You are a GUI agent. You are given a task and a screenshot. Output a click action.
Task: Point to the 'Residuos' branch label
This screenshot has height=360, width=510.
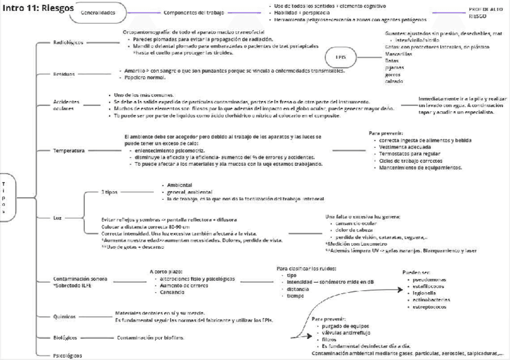tap(64, 75)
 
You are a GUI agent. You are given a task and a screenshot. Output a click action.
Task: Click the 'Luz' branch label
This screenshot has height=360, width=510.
tap(58, 218)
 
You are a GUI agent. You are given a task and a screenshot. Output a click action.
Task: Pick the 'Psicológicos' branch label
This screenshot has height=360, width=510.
tap(68, 355)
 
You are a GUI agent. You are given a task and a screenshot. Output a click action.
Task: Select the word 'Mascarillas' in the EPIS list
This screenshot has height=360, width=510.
tap(399, 53)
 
